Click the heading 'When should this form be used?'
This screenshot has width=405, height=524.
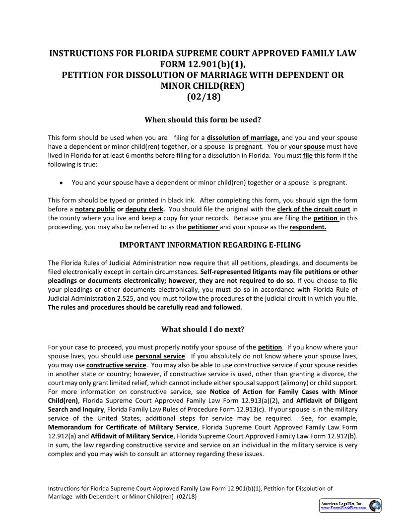[x=202, y=120]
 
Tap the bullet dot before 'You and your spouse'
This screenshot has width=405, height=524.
[x=61, y=183]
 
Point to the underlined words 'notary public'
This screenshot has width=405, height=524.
[x=95, y=209]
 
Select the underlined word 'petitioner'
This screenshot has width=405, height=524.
[x=203, y=227]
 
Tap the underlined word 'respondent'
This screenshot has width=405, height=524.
[x=308, y=227]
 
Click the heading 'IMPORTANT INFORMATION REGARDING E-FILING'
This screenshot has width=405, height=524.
[x=210, y=245]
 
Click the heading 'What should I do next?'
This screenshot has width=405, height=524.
[x=202, y=329]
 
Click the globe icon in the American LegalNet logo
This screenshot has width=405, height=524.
[x=375, y=506]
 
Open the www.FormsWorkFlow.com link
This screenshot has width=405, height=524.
[x=344, y=508]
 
